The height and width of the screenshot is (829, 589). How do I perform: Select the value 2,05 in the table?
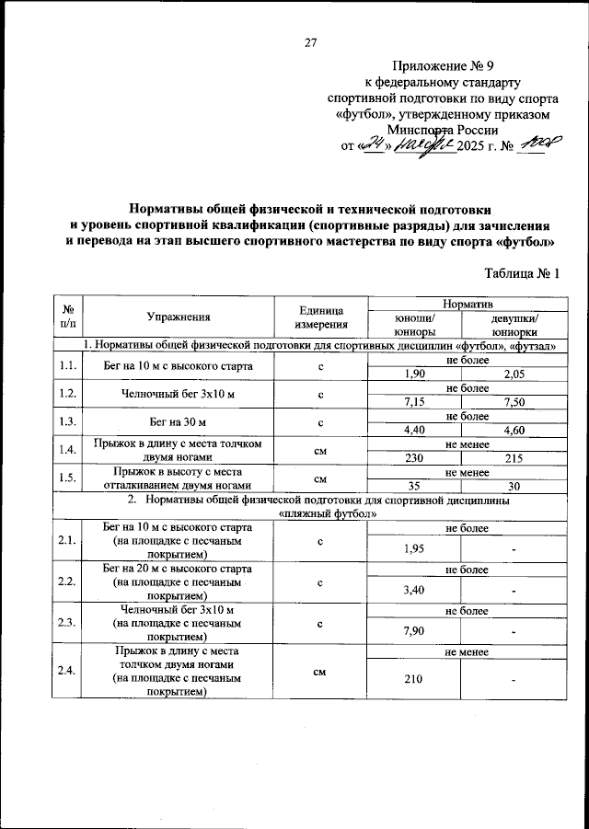pyautogui.click(x=514, y=374)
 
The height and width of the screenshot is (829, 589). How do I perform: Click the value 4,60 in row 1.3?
pyautogui.click(x=514, y=429)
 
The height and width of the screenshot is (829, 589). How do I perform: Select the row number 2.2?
pyautogui.click(x=66, y=581)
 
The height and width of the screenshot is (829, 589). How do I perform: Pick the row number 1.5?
pyautogui.click(x=66, y=478)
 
